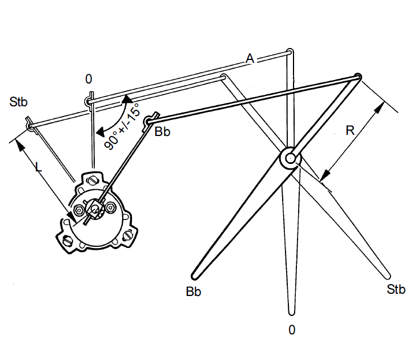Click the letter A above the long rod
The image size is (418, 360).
pos(250,58)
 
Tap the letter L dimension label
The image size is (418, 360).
pos(38,167)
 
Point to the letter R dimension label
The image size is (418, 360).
pos(351,130)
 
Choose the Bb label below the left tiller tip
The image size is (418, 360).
pos(194,291)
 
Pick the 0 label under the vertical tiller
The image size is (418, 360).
pos(292,330)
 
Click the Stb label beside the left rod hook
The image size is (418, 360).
pos(19,103)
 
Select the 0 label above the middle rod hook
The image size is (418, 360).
pos(89,79)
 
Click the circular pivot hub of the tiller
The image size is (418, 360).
pos(291,158)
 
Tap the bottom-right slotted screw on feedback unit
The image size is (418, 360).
pos(130,234)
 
